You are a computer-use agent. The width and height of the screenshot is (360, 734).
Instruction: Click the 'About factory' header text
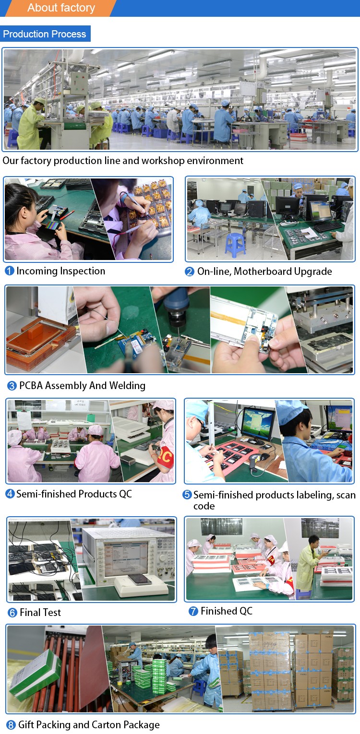tap(61, 8)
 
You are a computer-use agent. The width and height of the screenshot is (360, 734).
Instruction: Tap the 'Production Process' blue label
tap(45, 34)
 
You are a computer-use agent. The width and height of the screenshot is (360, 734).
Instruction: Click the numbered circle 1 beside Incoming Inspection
tap(10, 271)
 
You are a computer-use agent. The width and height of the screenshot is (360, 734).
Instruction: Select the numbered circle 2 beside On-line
tap(190, 272)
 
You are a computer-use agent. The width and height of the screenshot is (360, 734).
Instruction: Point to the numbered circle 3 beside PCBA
tap(12, 386)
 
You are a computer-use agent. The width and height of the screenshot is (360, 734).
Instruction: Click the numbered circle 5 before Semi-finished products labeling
tap(187, 495)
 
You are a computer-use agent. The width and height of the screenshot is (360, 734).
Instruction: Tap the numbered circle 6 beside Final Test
tap(12, 613)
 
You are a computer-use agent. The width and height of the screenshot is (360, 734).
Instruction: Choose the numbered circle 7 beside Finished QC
tap(193, 611)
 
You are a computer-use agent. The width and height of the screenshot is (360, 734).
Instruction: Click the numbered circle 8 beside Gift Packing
tap(11, 725)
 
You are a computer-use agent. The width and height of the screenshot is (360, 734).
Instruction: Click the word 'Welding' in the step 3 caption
tap(127, 386)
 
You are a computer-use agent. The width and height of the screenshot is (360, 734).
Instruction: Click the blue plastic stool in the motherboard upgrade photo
tap(235, 244)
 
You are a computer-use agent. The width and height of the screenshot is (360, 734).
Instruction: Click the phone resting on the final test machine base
tap(139, 579)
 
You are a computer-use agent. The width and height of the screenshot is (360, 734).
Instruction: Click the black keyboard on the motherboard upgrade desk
tap(327, 226)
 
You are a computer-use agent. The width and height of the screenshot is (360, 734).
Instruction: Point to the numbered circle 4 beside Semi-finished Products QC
tap(10, 494)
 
